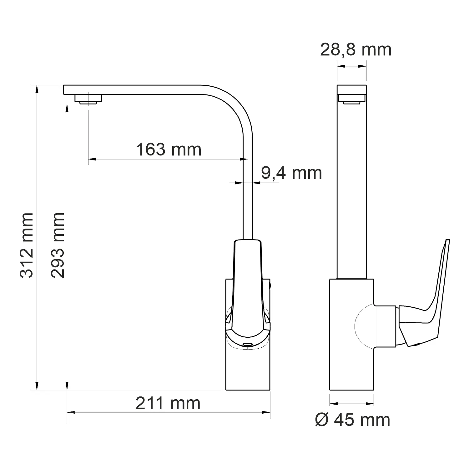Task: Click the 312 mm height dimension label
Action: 27,245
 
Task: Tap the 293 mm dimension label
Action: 58,245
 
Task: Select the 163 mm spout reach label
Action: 169,149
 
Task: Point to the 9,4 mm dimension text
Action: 291,173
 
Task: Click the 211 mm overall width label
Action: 168,403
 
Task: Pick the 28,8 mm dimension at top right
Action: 356,50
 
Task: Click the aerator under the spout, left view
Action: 88,99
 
